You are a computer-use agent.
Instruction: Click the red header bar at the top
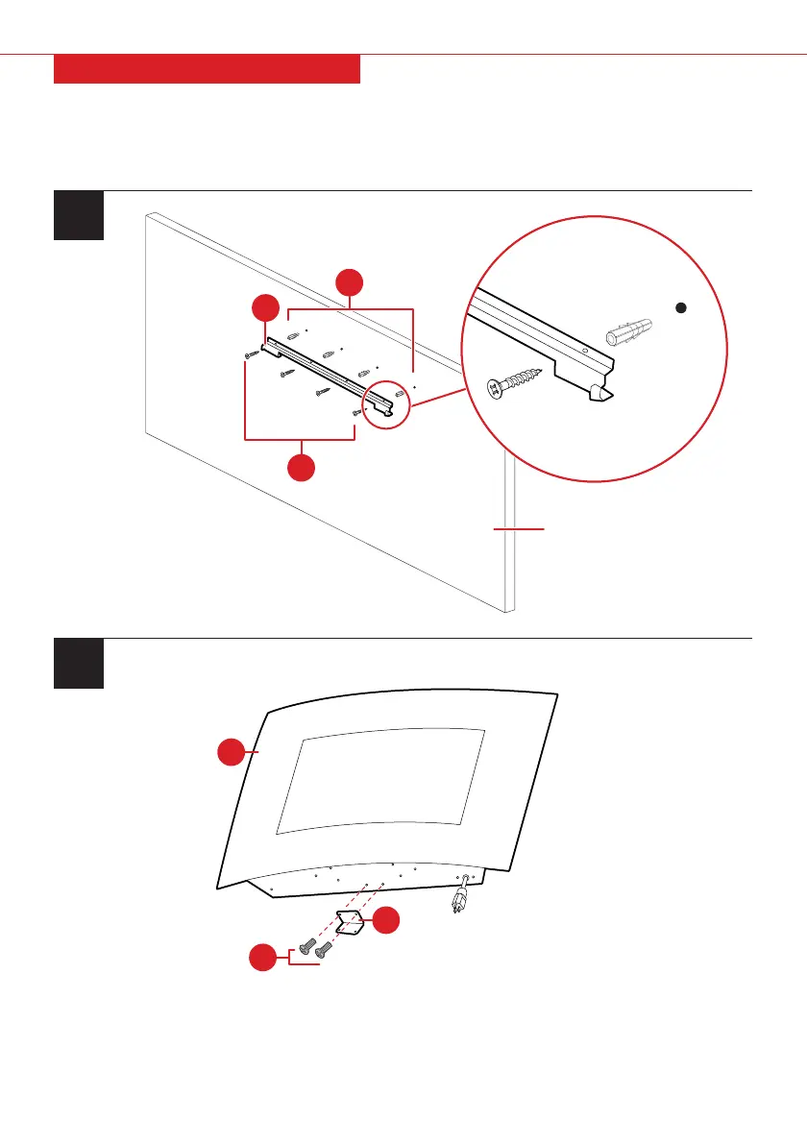207,69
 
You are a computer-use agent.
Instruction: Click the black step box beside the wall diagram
78,215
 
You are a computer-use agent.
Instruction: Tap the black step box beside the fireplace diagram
78,663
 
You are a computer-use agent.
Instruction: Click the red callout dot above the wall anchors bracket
350,283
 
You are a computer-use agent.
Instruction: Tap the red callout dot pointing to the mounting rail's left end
264,309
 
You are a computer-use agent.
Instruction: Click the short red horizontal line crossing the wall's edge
519,528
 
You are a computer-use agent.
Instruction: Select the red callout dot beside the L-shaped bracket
387,919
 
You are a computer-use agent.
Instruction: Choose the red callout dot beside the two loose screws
262,958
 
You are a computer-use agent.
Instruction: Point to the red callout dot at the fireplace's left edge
232,753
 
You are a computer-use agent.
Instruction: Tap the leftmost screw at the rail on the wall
252,354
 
